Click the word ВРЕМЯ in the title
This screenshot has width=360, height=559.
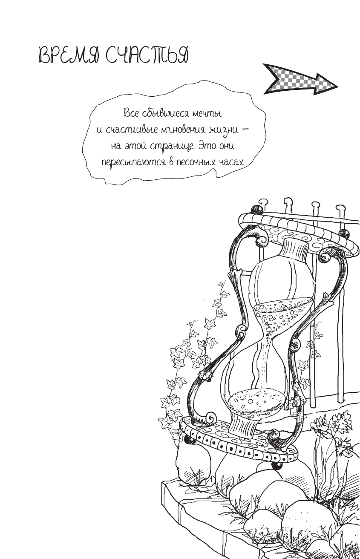click(x=68, y=56)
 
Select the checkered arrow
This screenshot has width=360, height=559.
click(x=300, y=79)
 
